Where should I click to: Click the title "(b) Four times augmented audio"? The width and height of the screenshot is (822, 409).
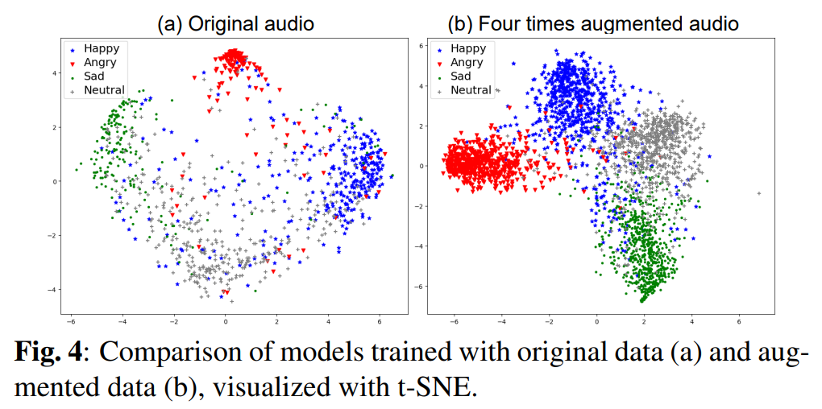pos(593,23)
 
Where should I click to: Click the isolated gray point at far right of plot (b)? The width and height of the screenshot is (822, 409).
pos(759,193)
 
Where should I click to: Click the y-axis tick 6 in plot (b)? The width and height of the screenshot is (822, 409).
pos(420,46)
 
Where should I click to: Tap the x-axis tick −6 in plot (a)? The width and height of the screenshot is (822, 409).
pos(72,320)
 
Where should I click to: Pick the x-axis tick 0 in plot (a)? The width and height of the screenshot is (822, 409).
pos(225,320)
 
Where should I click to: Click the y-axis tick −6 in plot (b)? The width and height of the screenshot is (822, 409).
pos(417,286)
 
